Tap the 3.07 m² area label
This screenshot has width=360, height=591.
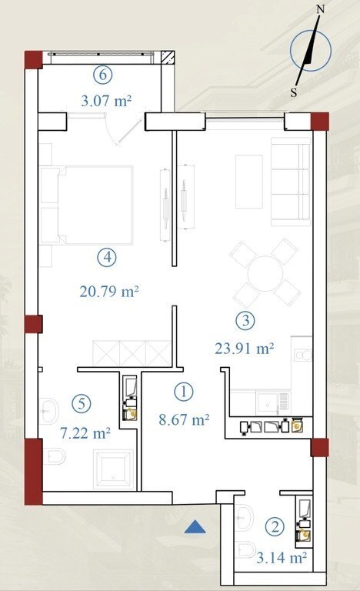click(106, 101)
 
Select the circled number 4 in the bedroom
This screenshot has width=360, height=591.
click(107, 258)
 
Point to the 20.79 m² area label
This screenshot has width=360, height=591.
click(109, 292)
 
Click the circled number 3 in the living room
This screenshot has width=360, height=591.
click(245, 320)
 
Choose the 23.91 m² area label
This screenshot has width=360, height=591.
click(245, 348)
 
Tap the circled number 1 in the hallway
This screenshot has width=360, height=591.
click(184, 392)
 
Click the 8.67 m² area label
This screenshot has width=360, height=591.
click(184, 419)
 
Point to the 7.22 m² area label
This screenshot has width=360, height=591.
click(85, 432)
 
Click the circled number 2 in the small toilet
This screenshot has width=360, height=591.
click(275, 526)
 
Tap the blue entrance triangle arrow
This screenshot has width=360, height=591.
click(195, 527)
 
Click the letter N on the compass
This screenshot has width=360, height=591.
click(320, 9)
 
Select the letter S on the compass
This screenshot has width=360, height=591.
click(294, 92)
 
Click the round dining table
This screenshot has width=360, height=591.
click(265, 274)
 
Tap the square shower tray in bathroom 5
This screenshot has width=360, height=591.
click(113, 469)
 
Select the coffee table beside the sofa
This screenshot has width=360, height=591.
click(249, 182)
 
